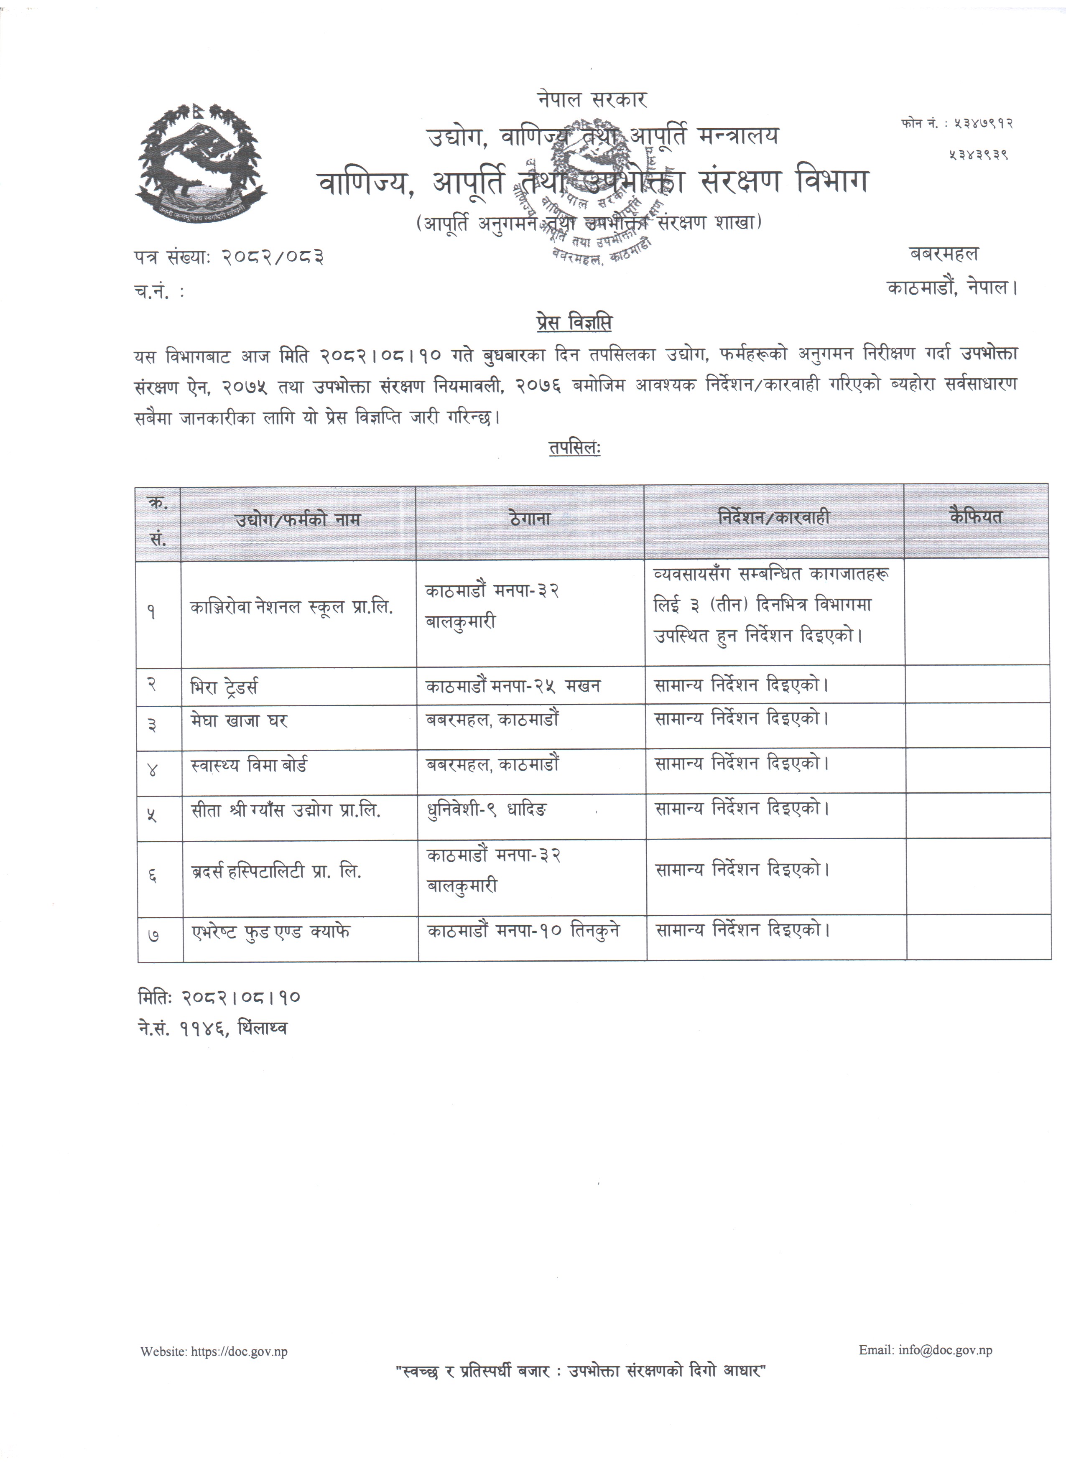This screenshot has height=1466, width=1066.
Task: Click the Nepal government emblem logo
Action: coord(201,163)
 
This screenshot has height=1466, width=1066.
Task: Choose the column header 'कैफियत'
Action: coord(976,517)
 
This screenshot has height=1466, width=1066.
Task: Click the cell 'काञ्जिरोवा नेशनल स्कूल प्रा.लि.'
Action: coord(291,608)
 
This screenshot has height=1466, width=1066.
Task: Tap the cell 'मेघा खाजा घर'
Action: coord(239,720)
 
